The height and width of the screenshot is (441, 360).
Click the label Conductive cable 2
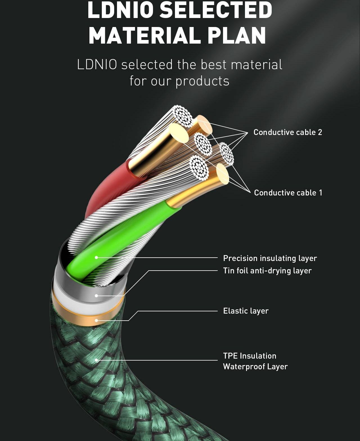coord(287,132)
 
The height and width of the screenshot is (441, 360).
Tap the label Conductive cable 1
coord(288,193)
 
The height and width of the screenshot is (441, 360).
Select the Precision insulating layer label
coord(270,258)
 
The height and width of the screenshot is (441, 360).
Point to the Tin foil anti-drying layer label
coord(267,271)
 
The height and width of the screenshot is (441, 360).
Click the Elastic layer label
coord(246,311)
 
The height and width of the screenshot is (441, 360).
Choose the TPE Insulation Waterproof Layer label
coord(255,361)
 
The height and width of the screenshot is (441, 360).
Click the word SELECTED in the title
coord(216,10)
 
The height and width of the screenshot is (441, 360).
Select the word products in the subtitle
coord(202,81)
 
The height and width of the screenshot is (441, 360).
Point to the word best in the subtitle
coord(214,65)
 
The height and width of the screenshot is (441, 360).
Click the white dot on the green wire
coord(96,257)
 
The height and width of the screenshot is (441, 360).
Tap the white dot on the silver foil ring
coord(96,296)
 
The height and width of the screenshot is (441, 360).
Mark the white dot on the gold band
coord(96,320)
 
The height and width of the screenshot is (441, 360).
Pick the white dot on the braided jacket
coord(96,360)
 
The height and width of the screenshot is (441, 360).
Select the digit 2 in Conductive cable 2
coord(320,132)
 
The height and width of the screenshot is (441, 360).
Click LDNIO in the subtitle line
coord(97,65)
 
